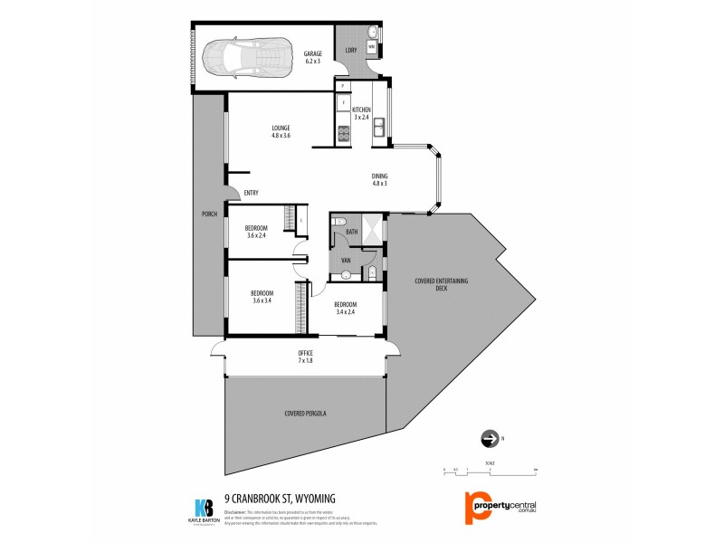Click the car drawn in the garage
(243, 60)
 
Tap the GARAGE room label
(313, 57)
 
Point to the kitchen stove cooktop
(343, 136)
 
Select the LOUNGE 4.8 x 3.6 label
(281, 131)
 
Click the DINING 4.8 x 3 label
(379, 179)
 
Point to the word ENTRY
(251, 192)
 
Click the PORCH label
(208, 214)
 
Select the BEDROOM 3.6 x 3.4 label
(261, 297)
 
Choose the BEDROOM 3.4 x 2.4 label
(346, 308)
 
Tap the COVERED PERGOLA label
(304, 413)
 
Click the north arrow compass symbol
(489, 439)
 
